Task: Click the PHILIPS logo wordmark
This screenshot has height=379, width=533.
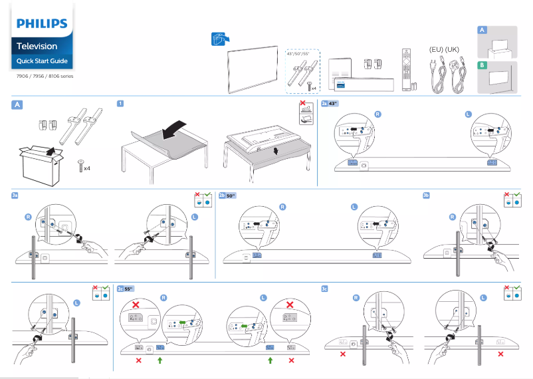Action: point(42,24)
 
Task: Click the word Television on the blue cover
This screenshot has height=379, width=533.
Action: point(37,47)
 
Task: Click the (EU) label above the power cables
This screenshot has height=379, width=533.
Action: point(437,50)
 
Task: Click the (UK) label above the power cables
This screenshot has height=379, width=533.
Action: point(452,50)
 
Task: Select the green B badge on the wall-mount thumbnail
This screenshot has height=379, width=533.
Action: point(482,65)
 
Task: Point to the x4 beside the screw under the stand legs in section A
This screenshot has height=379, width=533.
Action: point(86,168)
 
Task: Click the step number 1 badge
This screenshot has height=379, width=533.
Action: point(119,104)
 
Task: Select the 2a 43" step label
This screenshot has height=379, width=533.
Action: point(330,104)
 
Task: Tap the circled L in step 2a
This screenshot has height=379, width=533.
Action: point(468,115)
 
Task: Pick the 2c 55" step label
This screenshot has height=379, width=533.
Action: point(126,289)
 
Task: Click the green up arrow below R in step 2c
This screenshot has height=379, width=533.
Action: point(160,360)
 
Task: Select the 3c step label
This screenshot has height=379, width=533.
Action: point(324,289)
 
